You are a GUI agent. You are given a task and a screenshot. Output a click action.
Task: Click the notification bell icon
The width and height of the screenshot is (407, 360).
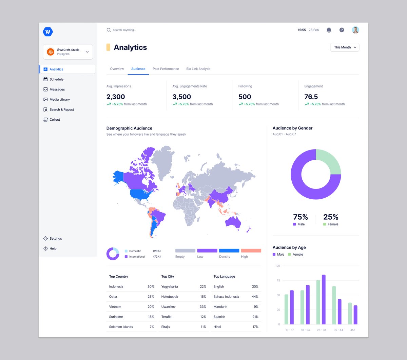tap(329, 30)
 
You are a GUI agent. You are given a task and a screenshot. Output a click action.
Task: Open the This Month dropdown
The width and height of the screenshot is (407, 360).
tap(345, 47)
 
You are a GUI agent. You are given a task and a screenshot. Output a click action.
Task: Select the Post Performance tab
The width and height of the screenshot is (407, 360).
tap(166, 69)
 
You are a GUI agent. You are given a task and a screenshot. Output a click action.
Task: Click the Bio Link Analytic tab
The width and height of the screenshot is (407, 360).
tap(198, 69)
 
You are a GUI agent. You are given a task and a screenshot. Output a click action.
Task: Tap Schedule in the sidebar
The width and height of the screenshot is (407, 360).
tap(56, 79)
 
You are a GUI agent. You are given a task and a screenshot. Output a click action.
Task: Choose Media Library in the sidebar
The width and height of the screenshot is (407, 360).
tap(59, 99)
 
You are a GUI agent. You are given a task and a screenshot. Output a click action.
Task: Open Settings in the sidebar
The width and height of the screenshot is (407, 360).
tap(56, 238)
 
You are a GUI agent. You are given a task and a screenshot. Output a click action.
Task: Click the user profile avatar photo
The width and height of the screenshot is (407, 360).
tap(355, 30)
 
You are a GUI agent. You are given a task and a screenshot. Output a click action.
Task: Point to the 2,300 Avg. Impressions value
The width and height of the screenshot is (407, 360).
tap(116, 97)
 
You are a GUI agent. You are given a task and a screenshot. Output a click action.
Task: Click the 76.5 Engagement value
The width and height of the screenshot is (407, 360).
tap(311, 97)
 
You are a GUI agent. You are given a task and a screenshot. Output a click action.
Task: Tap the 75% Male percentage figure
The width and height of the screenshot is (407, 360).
tap(301, 217)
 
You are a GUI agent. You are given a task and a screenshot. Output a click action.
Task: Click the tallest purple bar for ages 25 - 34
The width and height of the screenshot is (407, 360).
tap(324, 299)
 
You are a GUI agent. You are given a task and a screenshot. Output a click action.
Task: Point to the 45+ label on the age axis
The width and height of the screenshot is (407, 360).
tap(353, 330)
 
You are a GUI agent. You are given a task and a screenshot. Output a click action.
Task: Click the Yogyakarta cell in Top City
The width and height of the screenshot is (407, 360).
tap(170, 286)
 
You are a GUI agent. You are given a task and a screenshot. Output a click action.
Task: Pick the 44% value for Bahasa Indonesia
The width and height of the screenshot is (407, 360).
tap(255, 297)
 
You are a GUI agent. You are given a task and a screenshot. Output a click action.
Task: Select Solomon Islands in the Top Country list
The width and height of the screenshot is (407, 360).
tap(121, 327)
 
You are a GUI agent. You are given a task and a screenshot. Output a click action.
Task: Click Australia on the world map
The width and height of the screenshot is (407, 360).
tap(233, 222)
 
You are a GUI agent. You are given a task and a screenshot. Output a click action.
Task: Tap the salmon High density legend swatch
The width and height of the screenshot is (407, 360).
tap(251, 251)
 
